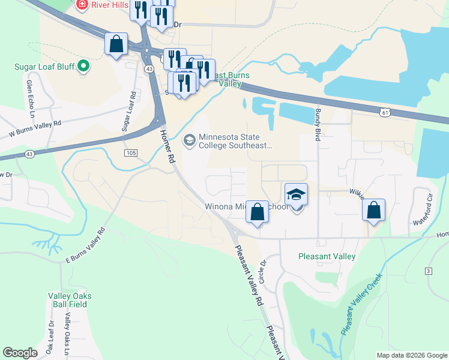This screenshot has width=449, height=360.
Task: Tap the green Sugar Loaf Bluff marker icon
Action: pos(83,65)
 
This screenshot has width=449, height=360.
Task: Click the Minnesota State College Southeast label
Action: pos(235,140)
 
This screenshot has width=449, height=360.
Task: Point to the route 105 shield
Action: pos(132,154)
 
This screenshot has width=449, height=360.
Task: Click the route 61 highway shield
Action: pos(385,112)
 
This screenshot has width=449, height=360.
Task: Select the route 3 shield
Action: pos(428,272)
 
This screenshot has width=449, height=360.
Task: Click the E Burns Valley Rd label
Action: pos(85,245)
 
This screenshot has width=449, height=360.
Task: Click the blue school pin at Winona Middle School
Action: pos(296,196)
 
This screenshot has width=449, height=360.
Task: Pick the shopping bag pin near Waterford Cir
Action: pos(373,211)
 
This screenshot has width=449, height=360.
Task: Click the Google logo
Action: pos(20,353)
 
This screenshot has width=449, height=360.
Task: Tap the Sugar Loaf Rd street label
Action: pos(127,111)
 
